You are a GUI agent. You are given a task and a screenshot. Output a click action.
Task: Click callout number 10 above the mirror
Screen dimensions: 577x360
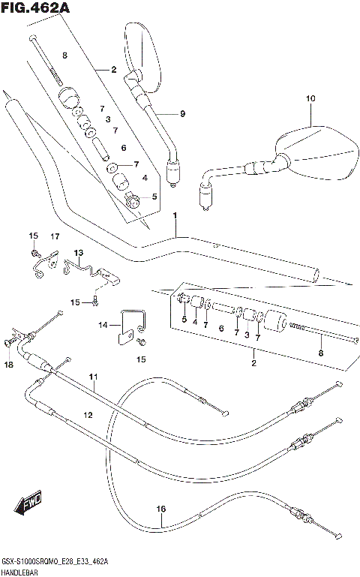[310, 99]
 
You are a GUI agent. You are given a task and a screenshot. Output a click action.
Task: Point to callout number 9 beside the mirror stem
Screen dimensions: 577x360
[181, 113]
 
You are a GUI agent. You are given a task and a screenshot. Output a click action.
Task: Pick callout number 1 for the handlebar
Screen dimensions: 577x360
[175, 217]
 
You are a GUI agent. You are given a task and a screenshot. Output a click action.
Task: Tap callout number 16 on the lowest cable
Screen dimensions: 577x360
[160, 509]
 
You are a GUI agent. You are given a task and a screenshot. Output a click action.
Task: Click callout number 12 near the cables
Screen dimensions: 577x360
[88, 415]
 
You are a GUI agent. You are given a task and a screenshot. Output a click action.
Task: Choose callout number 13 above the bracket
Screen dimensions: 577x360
[79, 252]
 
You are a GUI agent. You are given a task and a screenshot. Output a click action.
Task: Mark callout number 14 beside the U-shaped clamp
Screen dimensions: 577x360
[103, 325]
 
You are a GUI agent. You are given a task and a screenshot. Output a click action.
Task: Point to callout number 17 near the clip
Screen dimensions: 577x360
[55, 237]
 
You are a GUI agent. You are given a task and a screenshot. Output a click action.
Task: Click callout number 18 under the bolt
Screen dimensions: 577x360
[9, 365]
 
